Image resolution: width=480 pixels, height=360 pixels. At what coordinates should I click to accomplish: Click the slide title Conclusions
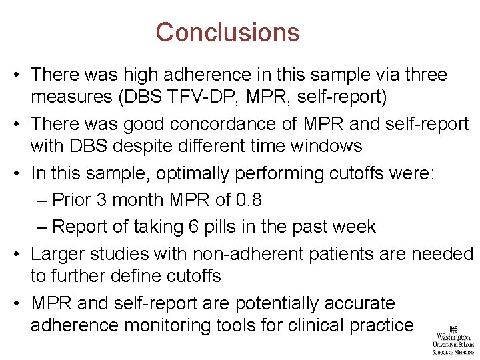227,32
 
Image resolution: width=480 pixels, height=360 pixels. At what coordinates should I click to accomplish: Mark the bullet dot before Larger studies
17,254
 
